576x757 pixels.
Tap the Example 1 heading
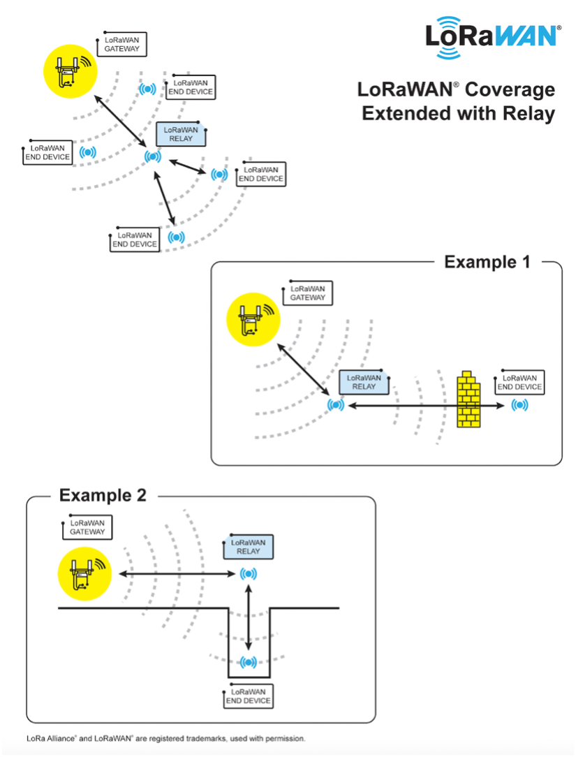pos(487,262)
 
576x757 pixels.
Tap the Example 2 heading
pos(103,495)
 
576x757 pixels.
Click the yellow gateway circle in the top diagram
pos(69,72)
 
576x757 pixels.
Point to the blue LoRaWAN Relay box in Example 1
pos(364,382)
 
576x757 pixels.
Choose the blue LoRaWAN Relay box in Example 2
pos(248,547)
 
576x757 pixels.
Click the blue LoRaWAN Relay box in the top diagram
pos(181,134)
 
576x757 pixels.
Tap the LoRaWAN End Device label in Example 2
pos(248,696)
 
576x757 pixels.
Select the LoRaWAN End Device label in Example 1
pos(519,382)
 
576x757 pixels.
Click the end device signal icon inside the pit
pos(248,662)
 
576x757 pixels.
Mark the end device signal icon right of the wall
pos(519,405)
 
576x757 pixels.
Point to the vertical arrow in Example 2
pos(249,618)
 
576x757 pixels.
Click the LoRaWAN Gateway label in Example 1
pos(308,293)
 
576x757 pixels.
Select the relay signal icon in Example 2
pos(248,574)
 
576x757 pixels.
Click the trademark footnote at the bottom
pos(166,737)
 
